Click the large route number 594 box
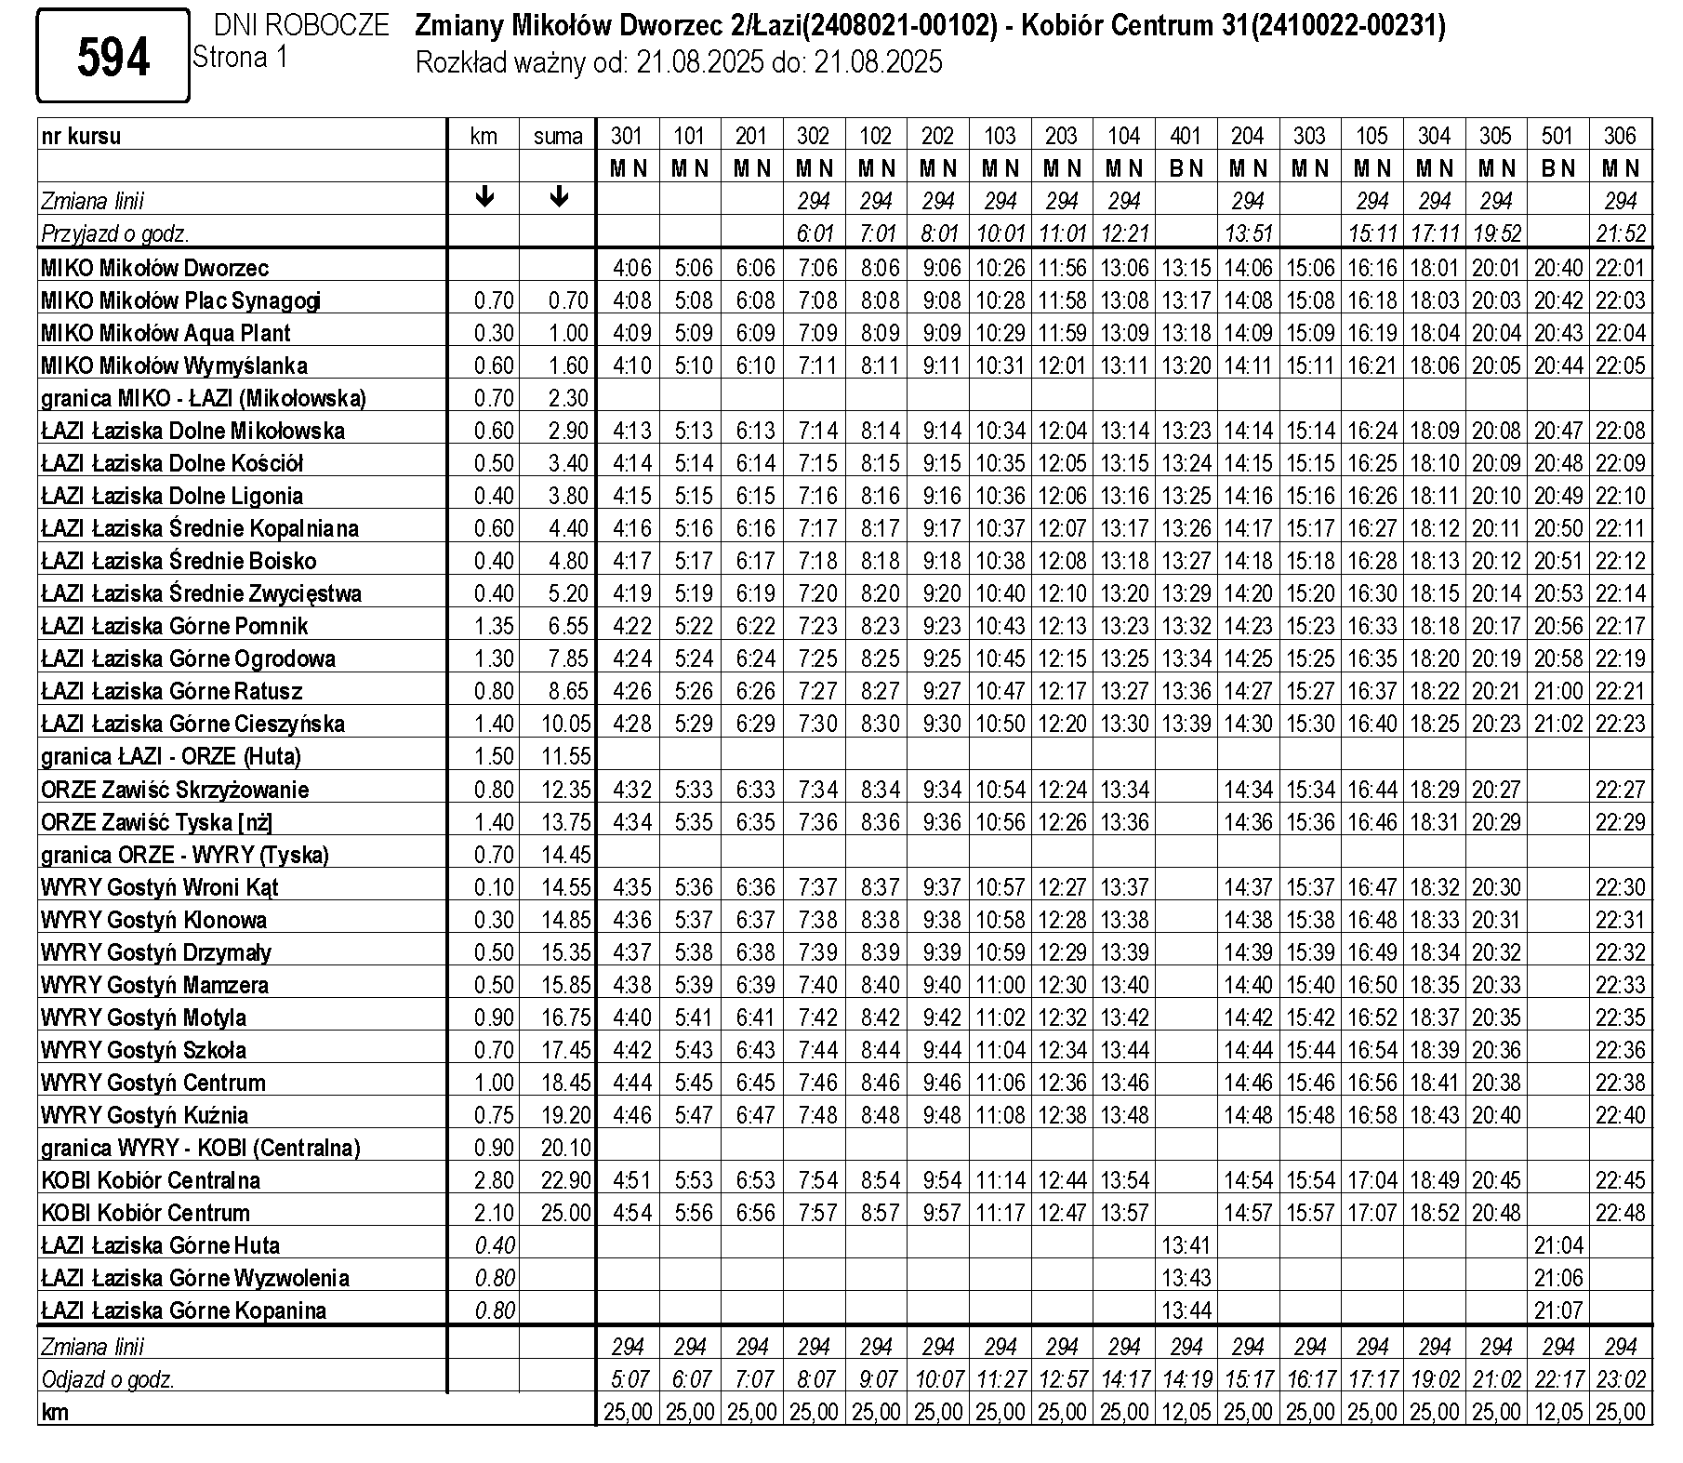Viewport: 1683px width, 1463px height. coord(113,57)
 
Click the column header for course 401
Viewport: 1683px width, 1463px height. coord(1186,136)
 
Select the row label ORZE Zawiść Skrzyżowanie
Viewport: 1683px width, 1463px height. coord(175,790)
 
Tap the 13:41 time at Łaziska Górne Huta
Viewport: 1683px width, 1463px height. coord(1186,1245)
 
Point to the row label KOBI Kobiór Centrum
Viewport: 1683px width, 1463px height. coord(146,1213)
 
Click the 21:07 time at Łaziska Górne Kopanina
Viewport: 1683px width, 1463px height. coord(1558,1310)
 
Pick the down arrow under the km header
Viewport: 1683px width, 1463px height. coord(484,197)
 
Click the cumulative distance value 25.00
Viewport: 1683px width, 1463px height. coord(566,1213)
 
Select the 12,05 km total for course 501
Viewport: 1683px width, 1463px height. coord(1558,1412)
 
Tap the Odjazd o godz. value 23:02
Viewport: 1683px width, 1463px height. coord(1621,1379)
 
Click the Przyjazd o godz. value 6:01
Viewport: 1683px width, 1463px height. coord(814,233)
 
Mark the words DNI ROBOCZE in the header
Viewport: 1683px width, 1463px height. coord(301,25)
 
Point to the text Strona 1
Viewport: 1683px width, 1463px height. coord(241,58)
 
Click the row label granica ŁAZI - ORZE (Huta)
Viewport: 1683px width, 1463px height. coord(171,756)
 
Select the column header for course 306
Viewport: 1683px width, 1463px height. coord(1621,136)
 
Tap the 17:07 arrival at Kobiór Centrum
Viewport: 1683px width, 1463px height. coord(1372,1213)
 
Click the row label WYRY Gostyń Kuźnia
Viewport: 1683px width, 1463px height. coord(144,1115)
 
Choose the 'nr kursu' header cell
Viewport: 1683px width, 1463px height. coord(82,136)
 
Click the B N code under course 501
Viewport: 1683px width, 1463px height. coord(1558,168)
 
